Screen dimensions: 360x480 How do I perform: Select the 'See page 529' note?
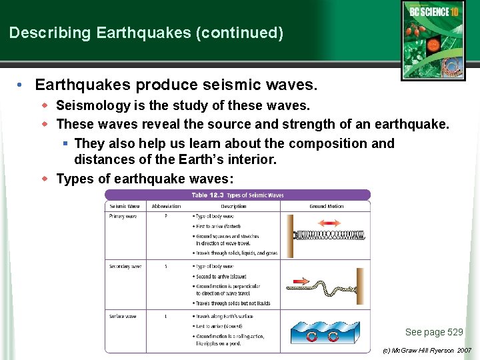click(433, 332)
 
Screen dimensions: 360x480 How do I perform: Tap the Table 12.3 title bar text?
click(237, 195)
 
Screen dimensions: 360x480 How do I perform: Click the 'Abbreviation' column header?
click(166, 207)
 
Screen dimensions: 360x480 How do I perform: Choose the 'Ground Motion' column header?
click(326, 207)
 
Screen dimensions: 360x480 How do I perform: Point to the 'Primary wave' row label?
click(123, 217)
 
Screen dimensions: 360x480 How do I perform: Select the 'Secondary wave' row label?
click(125, 267)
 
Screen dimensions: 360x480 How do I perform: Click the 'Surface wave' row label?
click(123, 316)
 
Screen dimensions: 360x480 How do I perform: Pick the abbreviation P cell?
click(166, 217)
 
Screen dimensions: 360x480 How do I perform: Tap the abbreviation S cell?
click(166, 267)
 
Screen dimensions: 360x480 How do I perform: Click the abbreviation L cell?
click(166, 316)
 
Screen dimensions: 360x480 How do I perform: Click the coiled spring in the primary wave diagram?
click(327, 235)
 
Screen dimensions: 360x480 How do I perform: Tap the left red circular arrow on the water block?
click(311, 336)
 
